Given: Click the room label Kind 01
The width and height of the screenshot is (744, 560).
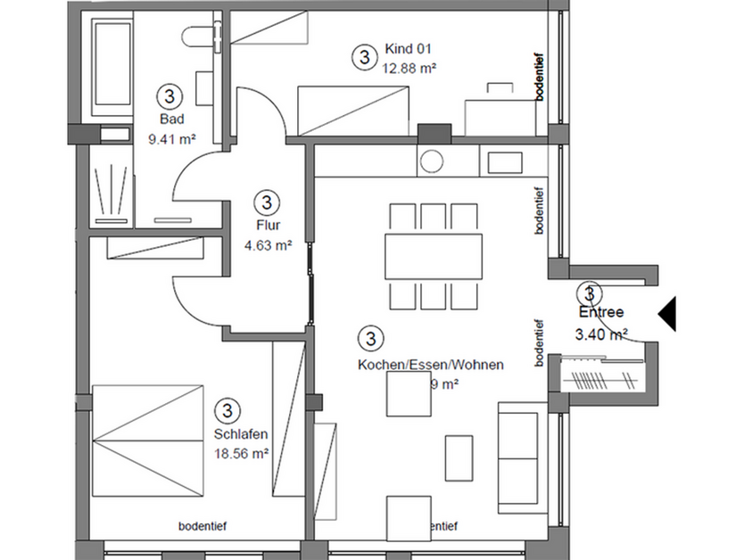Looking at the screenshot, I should click(409, 48).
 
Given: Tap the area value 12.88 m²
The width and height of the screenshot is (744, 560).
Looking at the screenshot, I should click(409, 66).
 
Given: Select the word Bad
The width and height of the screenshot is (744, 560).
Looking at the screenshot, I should click(170, 119).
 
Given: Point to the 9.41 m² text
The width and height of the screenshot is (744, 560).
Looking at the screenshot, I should click(171, 138).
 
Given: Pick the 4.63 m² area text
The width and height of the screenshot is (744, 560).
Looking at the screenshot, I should click(268, 243).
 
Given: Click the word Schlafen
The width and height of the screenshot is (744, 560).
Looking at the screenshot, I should click(241, 434).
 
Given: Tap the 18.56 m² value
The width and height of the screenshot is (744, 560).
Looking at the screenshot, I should click(241, 453).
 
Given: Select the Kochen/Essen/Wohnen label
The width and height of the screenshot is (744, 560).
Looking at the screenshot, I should click(430, 365).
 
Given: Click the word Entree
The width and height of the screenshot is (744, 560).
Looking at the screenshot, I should click(600, 313).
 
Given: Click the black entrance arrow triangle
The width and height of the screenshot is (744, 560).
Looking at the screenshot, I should click(667, 312).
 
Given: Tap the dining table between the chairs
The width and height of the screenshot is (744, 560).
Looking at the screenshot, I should click(434, 256).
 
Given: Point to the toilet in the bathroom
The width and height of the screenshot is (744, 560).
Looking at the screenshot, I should click(195, 36).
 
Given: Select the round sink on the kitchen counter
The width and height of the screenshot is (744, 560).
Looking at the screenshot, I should click(433, 161).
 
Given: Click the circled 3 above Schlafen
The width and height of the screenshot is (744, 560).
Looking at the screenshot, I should click(229, 409).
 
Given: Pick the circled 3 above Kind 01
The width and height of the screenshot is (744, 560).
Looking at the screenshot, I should click(363, 57).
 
